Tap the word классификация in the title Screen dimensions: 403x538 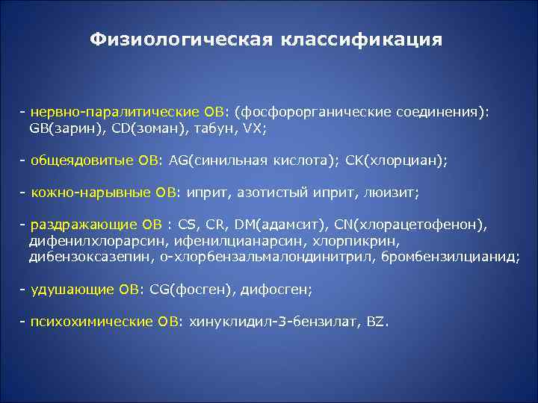coord(362,39)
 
